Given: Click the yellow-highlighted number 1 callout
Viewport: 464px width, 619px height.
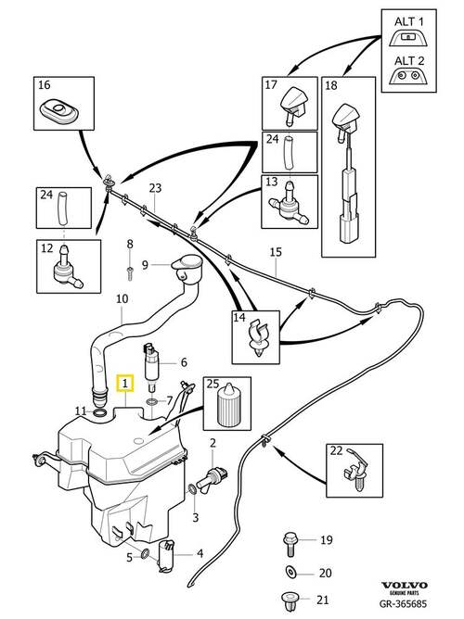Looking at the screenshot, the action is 125,384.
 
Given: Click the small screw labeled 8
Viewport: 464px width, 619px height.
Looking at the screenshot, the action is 130,273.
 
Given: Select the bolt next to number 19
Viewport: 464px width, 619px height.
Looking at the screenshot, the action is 290,544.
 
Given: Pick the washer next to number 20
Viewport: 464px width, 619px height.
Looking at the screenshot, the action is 291,572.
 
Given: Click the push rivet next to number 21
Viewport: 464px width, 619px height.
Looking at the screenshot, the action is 290,601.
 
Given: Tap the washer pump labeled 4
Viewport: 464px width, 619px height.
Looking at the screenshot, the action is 165,556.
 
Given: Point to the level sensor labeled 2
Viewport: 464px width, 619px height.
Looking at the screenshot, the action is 213,477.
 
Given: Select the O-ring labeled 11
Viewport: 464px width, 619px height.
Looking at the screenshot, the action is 99,413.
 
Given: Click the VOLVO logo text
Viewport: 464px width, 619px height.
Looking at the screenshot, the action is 405,585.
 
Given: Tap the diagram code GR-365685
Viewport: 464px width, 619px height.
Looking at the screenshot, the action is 403,603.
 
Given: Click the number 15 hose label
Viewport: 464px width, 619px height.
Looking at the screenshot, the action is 276,252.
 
